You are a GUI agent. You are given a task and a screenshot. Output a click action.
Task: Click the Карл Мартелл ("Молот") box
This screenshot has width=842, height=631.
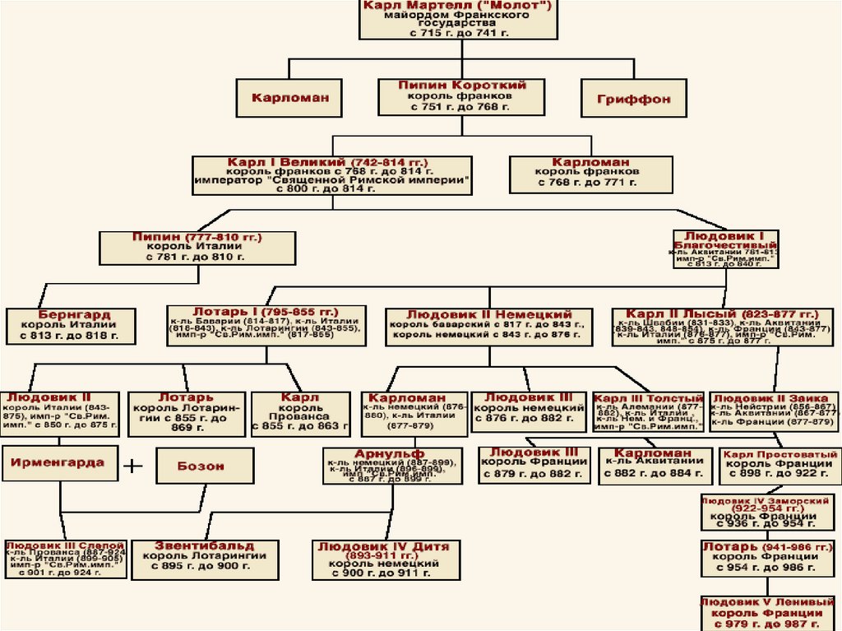461,19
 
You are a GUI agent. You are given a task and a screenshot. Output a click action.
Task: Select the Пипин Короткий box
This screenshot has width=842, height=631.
461,96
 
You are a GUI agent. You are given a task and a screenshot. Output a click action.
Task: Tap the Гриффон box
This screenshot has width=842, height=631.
633,99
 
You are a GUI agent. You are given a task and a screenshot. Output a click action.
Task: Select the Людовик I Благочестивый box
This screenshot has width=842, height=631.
724,248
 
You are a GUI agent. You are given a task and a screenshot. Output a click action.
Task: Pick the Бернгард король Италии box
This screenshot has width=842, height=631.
74,325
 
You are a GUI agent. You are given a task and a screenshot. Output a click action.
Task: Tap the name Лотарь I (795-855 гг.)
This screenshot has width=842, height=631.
265,313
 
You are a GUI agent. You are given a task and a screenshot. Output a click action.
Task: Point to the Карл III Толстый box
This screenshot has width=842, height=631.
648,411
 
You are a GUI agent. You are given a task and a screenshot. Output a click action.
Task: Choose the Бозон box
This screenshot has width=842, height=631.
201,466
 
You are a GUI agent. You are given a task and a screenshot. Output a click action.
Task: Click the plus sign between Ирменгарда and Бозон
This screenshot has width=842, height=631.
132,466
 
